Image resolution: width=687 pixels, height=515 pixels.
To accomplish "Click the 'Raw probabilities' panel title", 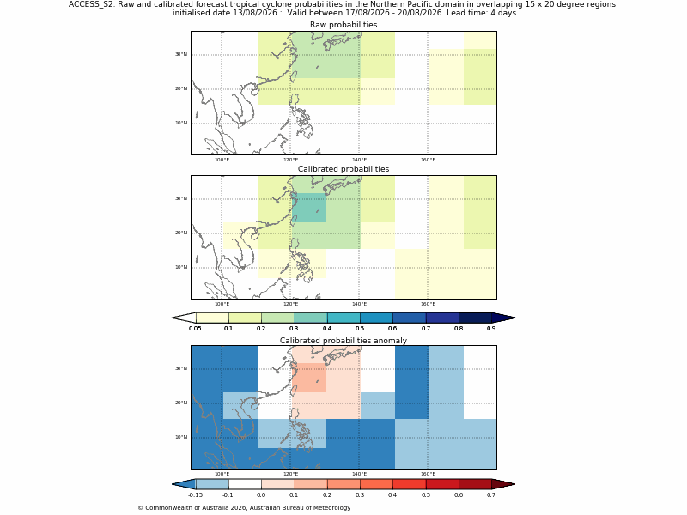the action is point(343,25).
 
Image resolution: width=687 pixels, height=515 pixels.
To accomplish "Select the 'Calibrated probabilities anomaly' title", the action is point(343,341).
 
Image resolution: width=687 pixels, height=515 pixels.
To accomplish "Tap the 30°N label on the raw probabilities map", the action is point(181,54).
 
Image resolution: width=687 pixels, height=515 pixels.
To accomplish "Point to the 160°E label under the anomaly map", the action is point(428,475).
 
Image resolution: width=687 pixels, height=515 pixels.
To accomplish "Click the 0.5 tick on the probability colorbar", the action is point(360,329).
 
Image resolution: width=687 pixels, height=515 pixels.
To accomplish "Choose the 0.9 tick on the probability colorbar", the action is point(491,329).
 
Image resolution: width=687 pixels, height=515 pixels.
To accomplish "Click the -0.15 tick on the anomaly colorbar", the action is point(196,495).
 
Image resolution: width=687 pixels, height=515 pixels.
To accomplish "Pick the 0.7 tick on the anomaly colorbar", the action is point(491,495).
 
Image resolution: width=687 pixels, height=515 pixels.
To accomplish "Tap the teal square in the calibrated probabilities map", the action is point(309,208).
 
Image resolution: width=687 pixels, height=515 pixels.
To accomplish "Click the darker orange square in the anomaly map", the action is point(309,378).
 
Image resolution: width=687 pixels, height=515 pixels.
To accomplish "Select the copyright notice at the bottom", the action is point(244,508).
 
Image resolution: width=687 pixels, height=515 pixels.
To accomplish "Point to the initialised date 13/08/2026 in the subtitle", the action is point(258,13).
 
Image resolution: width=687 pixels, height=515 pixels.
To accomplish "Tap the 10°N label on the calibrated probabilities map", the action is point(181,267).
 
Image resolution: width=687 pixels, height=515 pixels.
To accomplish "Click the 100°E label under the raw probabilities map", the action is point(222,160).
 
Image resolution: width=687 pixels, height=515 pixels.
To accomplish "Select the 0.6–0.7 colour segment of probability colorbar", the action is point(410,318).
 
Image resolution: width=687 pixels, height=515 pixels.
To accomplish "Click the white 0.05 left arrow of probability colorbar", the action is point(184,318).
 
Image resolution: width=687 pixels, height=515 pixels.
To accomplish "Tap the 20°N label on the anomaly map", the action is point(181,403).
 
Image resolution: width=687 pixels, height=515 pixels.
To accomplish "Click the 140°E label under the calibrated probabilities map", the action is point(359,305).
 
